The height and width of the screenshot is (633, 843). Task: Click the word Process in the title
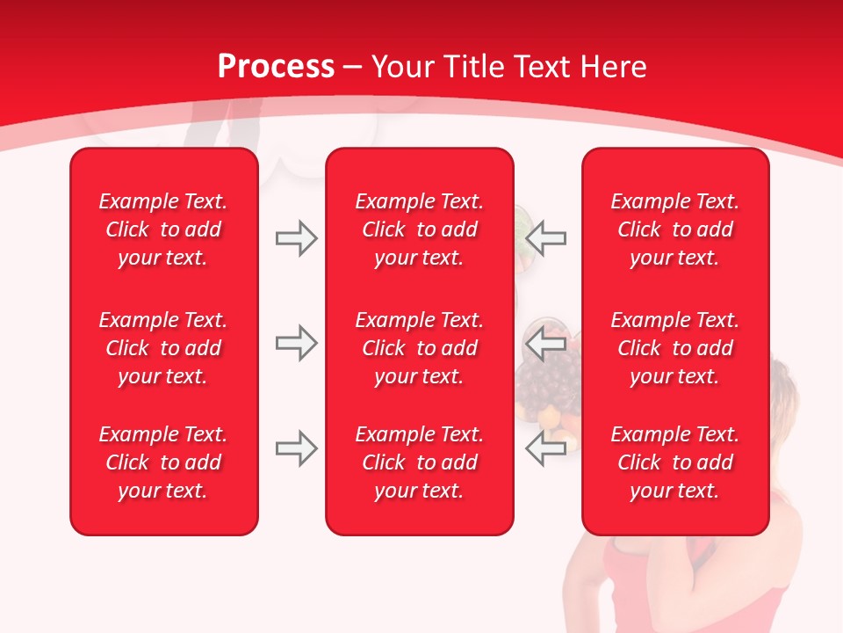coord(276,67)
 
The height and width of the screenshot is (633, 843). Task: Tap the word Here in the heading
coord(613,67)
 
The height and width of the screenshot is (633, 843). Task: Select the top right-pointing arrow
coord(296,238)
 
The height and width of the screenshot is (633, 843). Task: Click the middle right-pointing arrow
coord(296,343)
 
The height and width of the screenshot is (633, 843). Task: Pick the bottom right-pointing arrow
coord(296,448)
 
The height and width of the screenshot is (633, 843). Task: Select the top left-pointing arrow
coord(546,238)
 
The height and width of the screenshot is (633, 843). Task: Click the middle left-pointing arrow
coord(546,343)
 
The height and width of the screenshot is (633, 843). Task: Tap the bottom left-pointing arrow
coord(546,448)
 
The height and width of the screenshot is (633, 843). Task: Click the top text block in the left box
coord(163,229)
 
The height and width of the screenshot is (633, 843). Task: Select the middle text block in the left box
coord(163,348)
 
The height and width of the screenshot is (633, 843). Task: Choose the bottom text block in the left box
coord(163,462)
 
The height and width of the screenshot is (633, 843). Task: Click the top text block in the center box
coord(419,229)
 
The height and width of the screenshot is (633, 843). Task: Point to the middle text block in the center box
coord(419,348)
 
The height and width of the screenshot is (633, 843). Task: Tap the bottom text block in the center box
coord(419,462)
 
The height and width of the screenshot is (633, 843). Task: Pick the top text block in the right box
coord(674,229)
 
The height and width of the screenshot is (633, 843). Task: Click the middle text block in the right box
coord(674,348)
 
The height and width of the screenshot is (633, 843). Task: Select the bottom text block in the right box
coord(674,462)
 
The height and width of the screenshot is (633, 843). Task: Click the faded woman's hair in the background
coord(790,387)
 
